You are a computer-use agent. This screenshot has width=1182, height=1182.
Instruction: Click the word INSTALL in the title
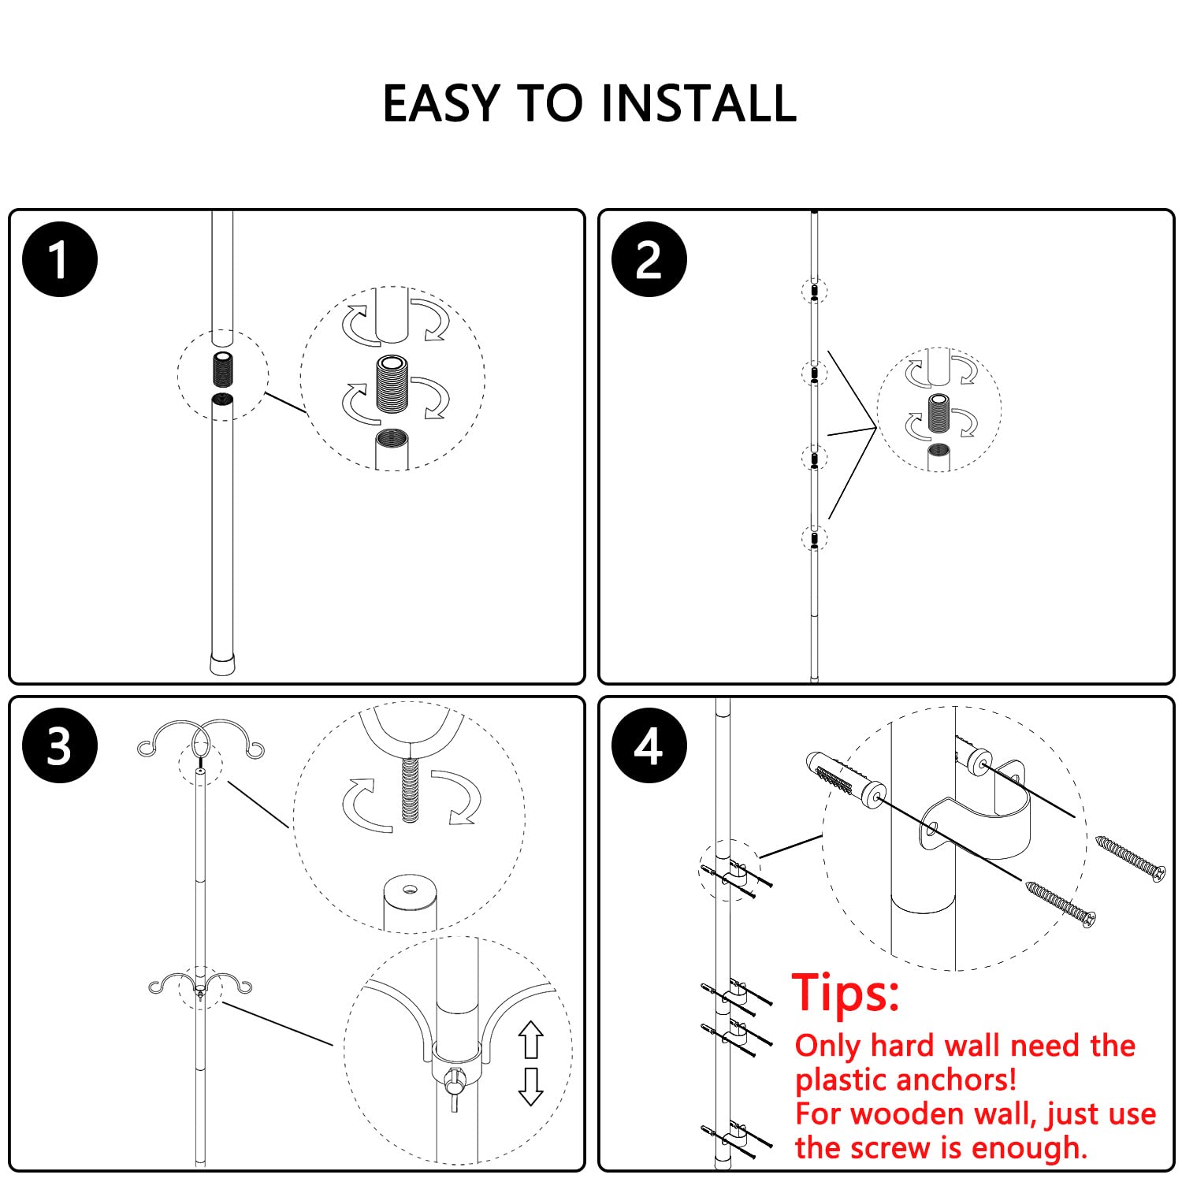(698, 104)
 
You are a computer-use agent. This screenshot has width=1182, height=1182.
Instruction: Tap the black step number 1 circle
(60, 259)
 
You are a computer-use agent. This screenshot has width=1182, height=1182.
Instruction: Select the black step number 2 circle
(649, 259)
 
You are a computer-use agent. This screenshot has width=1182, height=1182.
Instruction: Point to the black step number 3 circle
(60, 745)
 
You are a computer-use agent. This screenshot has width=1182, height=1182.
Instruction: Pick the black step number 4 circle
(649, 745)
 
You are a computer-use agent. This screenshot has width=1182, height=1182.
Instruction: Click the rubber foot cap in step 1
(222, 663)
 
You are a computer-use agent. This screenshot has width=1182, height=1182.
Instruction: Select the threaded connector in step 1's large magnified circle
(392, 385)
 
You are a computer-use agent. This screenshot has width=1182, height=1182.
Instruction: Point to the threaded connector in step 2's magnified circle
(938, 413)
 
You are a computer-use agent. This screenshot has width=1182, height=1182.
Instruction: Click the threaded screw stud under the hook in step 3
(410, 790)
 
